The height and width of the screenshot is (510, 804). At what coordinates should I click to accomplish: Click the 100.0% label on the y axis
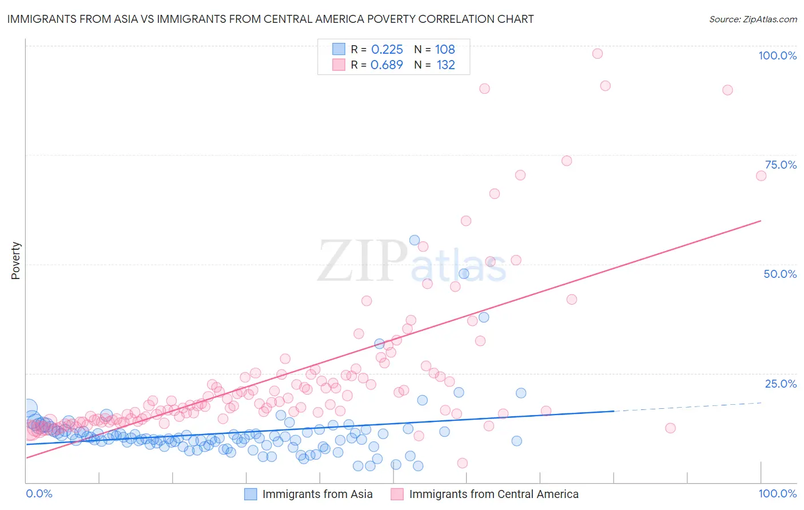pyautogui.click(x=777, y=55)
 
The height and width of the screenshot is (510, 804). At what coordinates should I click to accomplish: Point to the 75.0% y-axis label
pyautogui.click(x=780, y=165)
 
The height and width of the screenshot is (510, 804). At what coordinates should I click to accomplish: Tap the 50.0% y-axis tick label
pyautogui.click(x=779, y=274)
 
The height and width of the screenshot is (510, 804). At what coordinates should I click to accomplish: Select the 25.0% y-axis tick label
pyautogui.click(x=780, y=384)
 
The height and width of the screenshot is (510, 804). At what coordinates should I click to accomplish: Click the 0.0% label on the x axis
pyautogui.click(x=39, y=493)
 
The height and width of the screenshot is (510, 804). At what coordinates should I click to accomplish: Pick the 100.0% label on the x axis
pyautogui.click(x=777, y=493)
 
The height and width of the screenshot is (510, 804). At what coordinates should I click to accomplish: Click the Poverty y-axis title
pyautogui.click(x=15, y=261)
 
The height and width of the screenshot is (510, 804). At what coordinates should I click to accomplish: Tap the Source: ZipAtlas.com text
pyautogui.click(x=753, y=19)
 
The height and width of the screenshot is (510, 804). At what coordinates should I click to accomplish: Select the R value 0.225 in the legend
pyautogui.click(x=387, y=50)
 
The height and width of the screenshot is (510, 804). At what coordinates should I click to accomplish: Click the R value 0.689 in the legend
pyautogui.click(x=387, y=65)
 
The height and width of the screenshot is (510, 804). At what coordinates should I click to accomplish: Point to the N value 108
pyautogui.click(x=445, y=50)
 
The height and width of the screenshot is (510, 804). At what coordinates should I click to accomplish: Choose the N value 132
pyautogui.click(x=445, y=65)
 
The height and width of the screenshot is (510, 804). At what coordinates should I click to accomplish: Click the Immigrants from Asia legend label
pyautogui.click(x=317, y=494)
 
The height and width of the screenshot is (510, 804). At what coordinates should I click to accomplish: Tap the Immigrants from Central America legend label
pyautogui.click(x=493, y=494)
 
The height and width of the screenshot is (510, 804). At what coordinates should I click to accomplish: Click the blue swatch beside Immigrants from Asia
pyautogui.click(x=250, y=494)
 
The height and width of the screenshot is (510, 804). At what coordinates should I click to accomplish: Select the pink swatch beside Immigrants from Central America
pyautogui.click(x=397, y=494)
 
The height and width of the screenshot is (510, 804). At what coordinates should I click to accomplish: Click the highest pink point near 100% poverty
pyautogui.click(x=598, y=54)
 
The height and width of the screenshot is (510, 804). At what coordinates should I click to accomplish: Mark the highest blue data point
pyautogui.click(x=415, y=240)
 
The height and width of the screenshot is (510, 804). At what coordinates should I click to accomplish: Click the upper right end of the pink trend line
pyautogui.click(x=761, y=220)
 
